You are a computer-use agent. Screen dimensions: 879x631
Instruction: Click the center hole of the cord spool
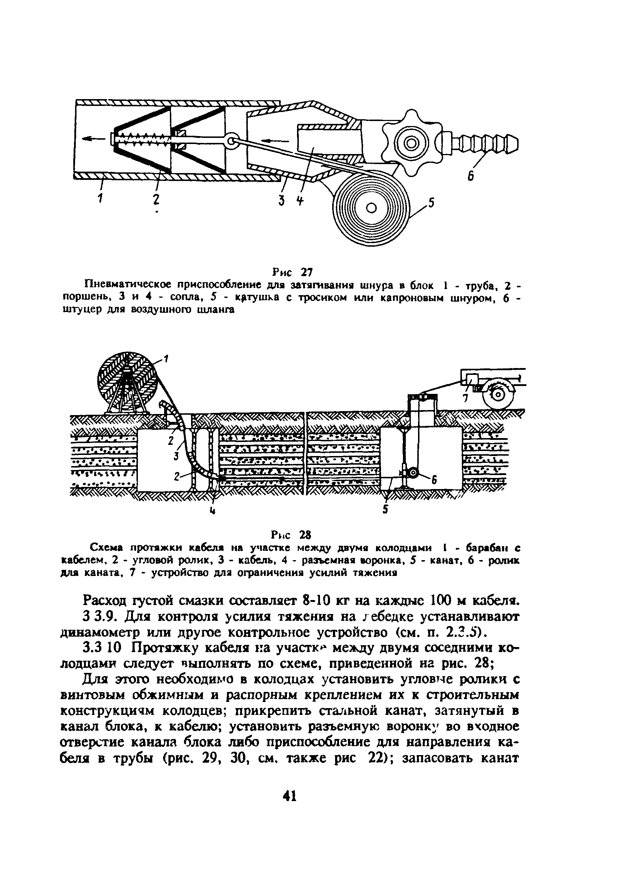(371, 208)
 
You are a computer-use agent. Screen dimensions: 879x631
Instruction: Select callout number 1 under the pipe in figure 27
(99, 199)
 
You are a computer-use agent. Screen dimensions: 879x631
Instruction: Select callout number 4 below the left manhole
(212, 511)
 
